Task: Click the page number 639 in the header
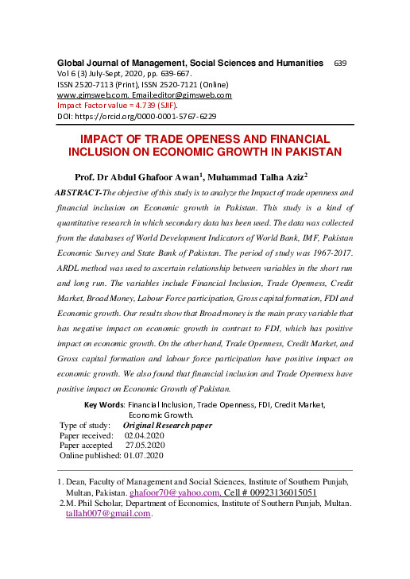click(x=340, y=63)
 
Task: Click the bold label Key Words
click(x=105, y=404)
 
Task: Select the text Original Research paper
click(x=167, y=426)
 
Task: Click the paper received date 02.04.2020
click(x=144, y=436)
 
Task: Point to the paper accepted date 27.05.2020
click(x=145, y=446)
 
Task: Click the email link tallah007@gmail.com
click(x=107, y=513)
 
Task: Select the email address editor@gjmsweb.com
click(x=195, y=95)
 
